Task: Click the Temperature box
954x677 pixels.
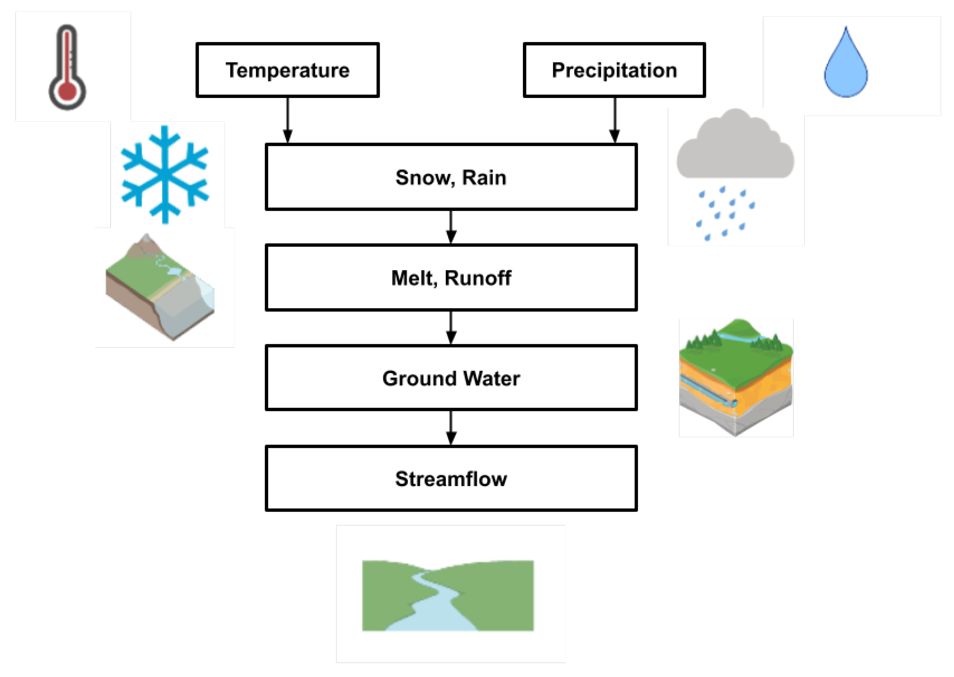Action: (x=288, y=70)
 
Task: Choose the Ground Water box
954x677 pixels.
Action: (x=451, y=378)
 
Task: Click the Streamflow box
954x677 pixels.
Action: (x=451, y=479)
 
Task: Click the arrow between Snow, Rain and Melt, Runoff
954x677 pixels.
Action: (x=451, y=227)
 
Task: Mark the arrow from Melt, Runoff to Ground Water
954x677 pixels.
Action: (x=451, y=328)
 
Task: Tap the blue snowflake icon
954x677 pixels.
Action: (x=165, y=174)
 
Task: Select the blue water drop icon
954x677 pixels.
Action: (x=846, y=71)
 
